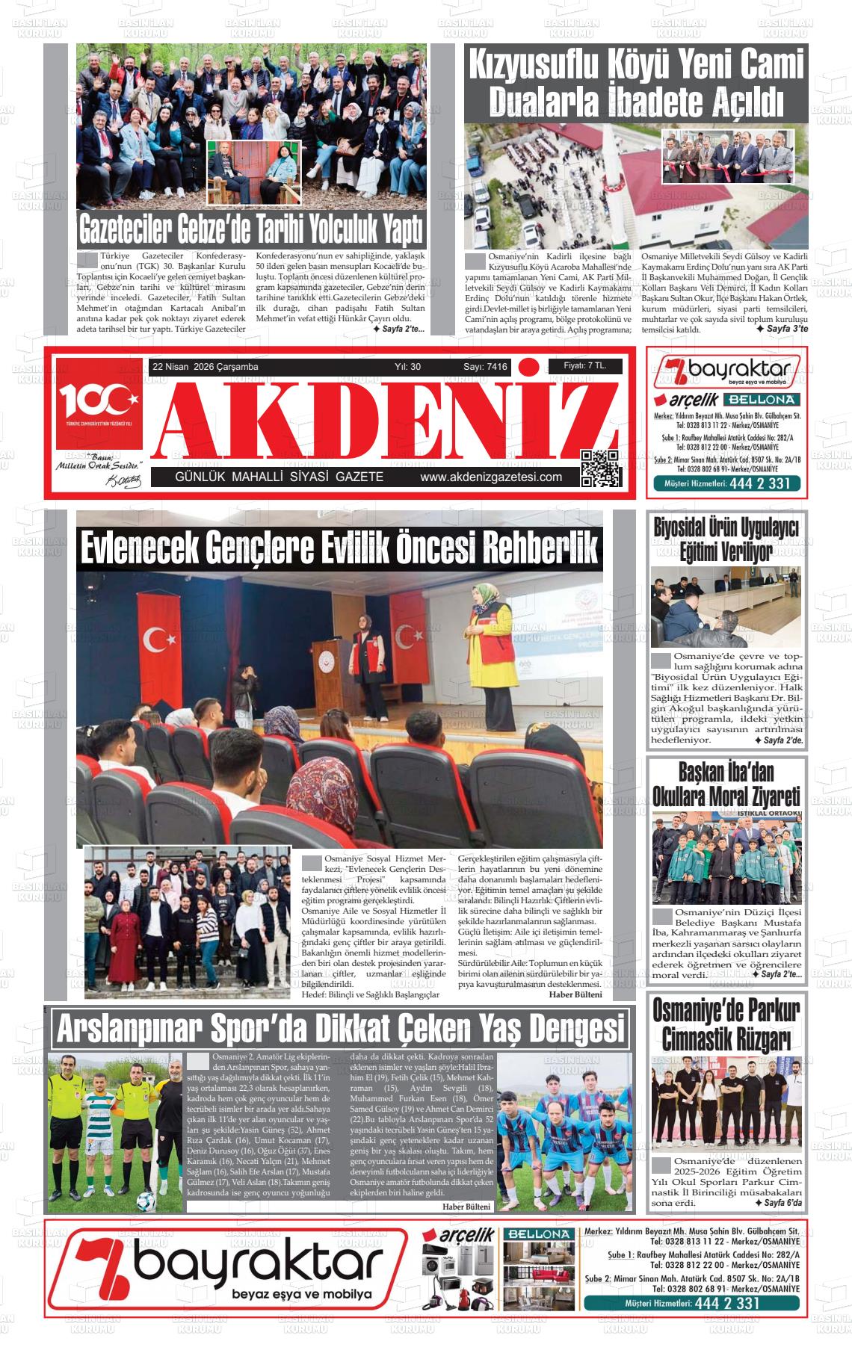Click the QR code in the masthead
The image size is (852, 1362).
(601, 468)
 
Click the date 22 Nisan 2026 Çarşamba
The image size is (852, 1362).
(205, 367)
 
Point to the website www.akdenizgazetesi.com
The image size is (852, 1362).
(491, 477)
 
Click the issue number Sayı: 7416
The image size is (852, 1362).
(485, 367)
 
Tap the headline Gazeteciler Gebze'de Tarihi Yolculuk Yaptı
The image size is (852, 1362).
(252, 231)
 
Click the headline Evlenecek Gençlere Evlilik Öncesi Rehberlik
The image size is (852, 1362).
(339, 549)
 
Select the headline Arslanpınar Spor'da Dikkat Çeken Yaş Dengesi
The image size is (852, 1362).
(340, 1030)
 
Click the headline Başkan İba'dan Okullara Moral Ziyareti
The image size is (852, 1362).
(726, 784)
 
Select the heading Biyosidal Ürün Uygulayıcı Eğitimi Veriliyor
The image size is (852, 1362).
(726, 539)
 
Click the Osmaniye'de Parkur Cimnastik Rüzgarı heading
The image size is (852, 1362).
(726, 1024)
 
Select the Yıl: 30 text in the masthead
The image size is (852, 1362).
(407, 367)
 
